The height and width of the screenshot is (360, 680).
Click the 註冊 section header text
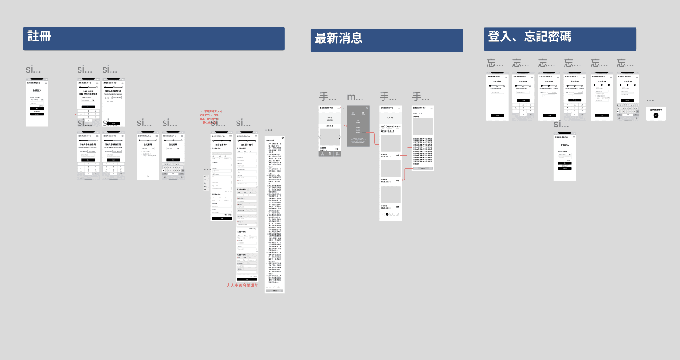[39, 36]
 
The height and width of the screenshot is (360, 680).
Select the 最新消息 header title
[338, 38]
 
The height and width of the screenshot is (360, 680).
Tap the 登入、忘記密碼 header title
[529, 37]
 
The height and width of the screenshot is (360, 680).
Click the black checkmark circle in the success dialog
[656, 115]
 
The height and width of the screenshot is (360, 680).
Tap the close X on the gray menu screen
[366, 108]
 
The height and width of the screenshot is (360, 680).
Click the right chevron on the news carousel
[340, 137]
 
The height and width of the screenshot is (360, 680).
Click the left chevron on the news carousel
[320, 137]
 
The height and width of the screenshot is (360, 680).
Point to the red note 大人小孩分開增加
[242, 286]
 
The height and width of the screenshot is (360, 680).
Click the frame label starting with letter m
[355, 97]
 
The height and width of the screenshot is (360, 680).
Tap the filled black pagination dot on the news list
[387, 214]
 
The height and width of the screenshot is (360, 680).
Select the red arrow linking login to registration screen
[62, 114]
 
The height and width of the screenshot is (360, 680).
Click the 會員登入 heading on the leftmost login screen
[37, 90]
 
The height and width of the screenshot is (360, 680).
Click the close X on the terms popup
[282, 138]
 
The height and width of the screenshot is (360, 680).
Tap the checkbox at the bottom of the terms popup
[267, 287]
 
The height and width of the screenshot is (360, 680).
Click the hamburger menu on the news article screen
[432, 108]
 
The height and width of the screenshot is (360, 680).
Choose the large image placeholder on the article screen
[423, 127]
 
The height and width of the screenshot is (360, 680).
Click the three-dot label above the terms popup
[269, 130]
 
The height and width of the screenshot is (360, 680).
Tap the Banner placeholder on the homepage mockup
[329, 119]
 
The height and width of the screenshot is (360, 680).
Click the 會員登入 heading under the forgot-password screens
[565, 145]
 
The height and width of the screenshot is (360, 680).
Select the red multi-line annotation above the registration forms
[211, 117]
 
